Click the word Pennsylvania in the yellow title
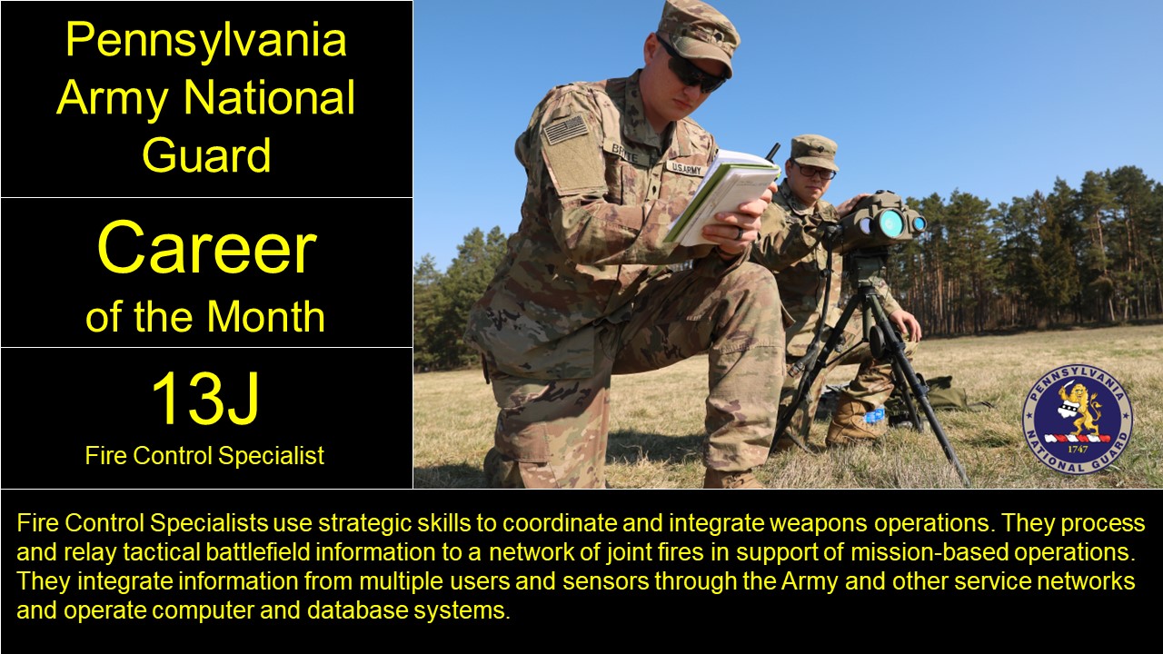click(206, 41)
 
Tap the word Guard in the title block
click(206, 154)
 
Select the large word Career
click(206, 249)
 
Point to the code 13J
click(205, 400)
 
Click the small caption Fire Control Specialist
click(204, 456)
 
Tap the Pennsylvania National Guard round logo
click(1078, 419)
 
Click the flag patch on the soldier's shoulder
click(565, 130)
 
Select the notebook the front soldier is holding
click(721, 194)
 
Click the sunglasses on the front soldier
click(694, 71)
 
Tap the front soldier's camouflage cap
click(699, 34)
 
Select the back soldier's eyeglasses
click(813, 170)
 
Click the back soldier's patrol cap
click(813, 150)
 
